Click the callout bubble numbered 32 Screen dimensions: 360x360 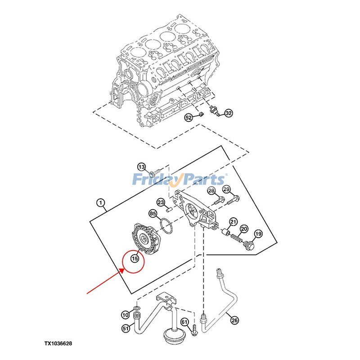[x=229, y=113]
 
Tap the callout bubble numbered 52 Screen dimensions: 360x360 [x=189, y=118]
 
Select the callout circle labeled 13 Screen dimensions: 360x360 [x=141, y=166]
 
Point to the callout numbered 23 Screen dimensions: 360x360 [x=160, y=202]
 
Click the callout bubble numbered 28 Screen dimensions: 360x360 [x=211, y=192]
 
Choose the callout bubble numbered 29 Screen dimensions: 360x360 [x=226, y=189]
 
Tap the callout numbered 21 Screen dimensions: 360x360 [x=233, y=221]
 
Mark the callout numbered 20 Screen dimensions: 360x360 [x=243, y=229]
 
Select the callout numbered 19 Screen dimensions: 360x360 [x=258, y=234]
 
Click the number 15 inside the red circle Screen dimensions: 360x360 [x=134, y=258]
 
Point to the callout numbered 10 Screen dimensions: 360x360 [x=125, y=314]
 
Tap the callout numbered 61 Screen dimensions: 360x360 [x=184, y=322]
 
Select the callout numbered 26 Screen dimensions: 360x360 [x=234, y=320]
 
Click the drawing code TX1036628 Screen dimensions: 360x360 [x=64, y=343]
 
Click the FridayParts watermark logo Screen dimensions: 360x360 [x=179, y=180]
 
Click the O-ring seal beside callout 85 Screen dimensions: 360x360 [x=166, y=227]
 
